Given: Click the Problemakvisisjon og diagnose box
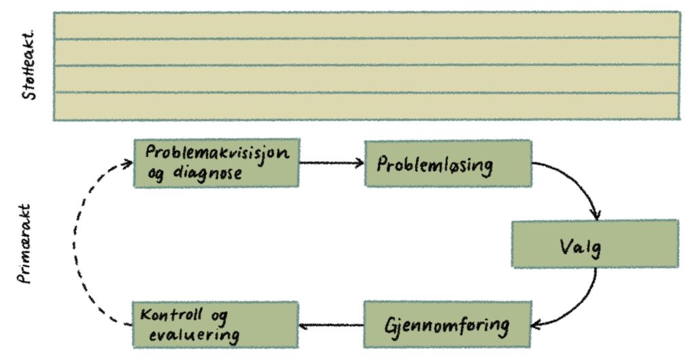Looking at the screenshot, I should pyautogui.click(x=216, y=163).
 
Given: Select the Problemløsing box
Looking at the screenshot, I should pyautogui.click(x=447, y=164).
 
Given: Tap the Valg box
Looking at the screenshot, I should pyautogui.click(x=595, y=244).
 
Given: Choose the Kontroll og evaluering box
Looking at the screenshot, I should pyautogui.click(x=215, y=325).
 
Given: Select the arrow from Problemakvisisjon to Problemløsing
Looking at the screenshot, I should pyautogui.click(x=332, y=164).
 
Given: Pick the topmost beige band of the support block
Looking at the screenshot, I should pyautogui.click(x=366, y=24).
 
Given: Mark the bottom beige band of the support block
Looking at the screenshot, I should pyautogui.click(x=366, y=107).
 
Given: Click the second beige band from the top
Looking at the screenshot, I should pyautogui.click(x=366, y=52).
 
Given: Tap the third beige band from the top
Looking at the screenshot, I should pyautogui.click(x=366, y=79).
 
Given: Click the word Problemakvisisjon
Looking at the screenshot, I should pyautogui.click(x=217, y=153).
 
